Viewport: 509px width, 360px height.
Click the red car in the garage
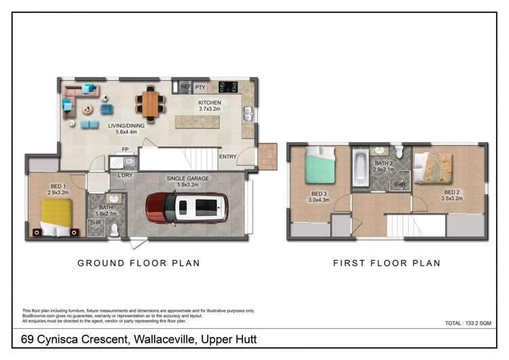(186, 208)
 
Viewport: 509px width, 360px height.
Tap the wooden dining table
(151, 104)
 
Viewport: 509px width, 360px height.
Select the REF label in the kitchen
(185, 88)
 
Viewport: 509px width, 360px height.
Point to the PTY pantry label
(200, 88)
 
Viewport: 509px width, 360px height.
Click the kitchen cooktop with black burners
(227, 87)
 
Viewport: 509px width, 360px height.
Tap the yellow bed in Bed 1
(56, 217)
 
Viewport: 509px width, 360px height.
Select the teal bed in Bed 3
(320, 166)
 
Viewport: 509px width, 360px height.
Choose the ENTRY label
(227, 157)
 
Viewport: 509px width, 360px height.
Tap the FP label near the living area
(125, 149)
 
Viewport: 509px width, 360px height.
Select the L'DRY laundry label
(125, 176)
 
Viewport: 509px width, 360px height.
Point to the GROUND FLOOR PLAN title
(138, 263)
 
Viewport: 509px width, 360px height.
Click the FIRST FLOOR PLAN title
(386, 263)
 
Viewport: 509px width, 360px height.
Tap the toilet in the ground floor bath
(114, 229)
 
